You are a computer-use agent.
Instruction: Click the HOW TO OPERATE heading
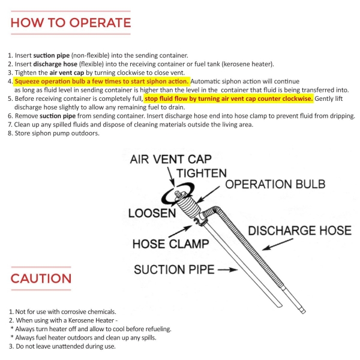pyautogui.click(x=70, y=23)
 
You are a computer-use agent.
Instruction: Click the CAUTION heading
pyautogui.click(x=41, y=278)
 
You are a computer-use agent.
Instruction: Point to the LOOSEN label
pyautogui.click(x=151, y=214)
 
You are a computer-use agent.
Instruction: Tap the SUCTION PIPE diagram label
pyautogui.click(x=173, y=269)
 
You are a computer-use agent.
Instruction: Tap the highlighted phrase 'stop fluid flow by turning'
pyautogui.click(x=192, y=98)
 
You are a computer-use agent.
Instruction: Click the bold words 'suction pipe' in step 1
pyautogui.click(x=50, y=54)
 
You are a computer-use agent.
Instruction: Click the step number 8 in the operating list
pyautogui.click(x=10, y=133)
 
